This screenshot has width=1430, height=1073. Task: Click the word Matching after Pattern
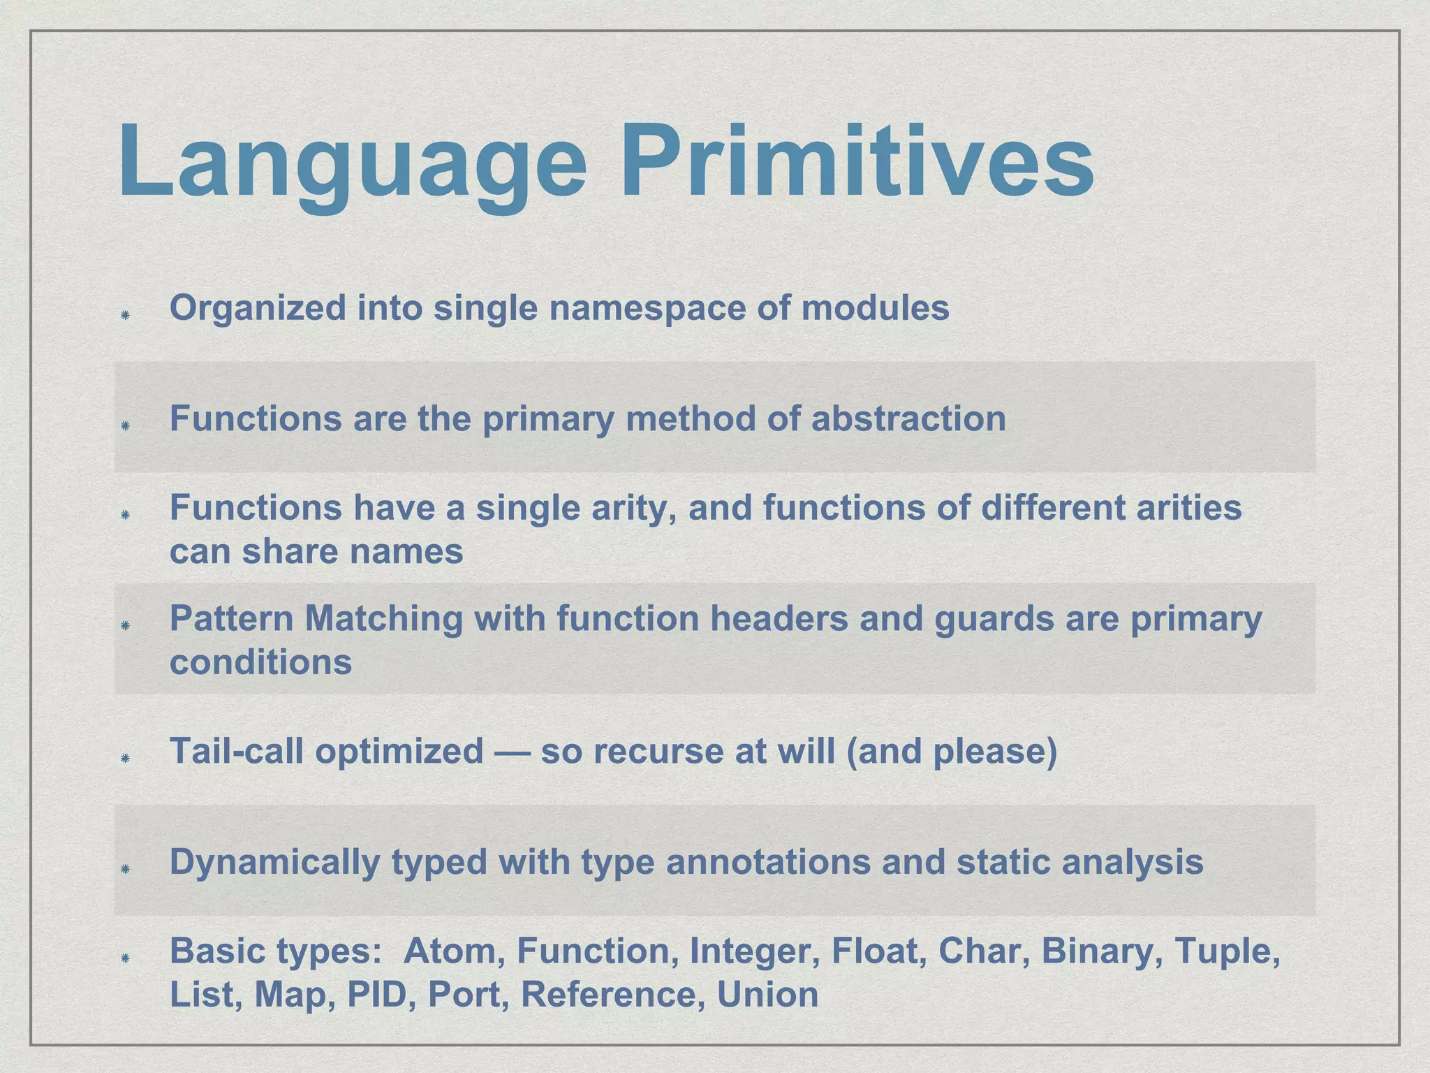tap(383, 619)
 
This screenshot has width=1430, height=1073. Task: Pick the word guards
tap(994, 619)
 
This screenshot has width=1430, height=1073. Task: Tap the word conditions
tap(260, 662)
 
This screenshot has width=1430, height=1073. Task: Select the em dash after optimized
tap(512, 752)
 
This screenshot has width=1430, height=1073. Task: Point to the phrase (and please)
tap(951, 752)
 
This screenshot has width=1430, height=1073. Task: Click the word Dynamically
tap(275, 862)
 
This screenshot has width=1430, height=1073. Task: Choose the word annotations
tap(768, 862)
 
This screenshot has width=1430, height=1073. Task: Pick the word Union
tap(767, 995)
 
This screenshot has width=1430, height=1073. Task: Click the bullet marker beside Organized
tap(125, 315)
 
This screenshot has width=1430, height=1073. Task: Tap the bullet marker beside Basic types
tap(125, 958)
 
